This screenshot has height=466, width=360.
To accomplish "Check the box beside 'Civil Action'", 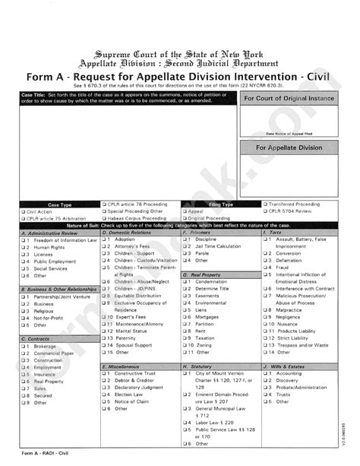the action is click(x=24, y=211).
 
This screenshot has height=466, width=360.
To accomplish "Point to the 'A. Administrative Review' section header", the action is click(x=50, y=233).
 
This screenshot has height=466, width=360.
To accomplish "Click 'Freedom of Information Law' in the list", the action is click(x=65, y=240).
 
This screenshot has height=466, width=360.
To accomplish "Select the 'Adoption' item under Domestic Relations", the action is click(x=125, y=239).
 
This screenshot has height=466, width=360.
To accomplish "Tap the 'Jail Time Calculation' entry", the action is click(x=218, y=246).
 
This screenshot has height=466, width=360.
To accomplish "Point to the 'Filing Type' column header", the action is click(x=221, y=204).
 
